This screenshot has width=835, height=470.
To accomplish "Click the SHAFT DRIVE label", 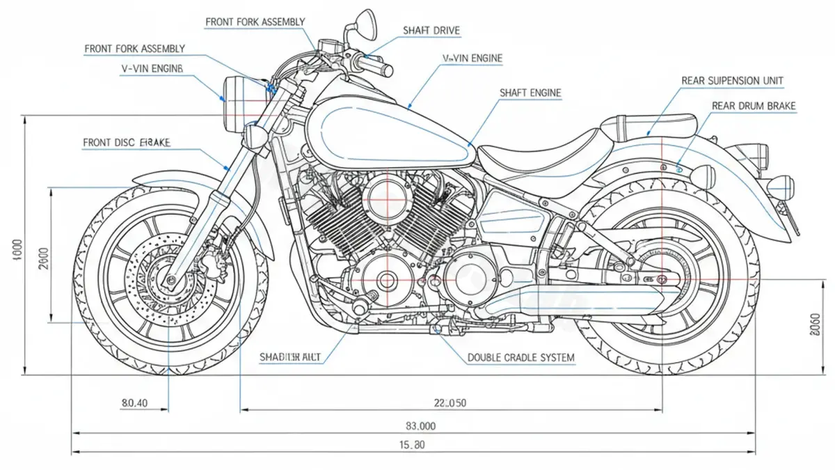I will pos(431,31).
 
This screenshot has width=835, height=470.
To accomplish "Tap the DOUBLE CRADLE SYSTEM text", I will pos(520,358).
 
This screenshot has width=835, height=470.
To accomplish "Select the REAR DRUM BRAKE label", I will pos(754,106).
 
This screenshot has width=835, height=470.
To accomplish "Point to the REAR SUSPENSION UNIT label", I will pos(732,81).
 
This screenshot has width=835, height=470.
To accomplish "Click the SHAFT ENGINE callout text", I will pos(530,93).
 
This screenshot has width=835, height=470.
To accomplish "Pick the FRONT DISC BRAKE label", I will pos(127,143).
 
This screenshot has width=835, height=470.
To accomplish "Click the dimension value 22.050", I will pos(450,402).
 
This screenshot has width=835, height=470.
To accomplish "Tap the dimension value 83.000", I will pos(415,425).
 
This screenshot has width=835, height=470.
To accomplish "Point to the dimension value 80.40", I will pos(134,402).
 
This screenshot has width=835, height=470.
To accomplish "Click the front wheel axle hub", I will pos(169,281).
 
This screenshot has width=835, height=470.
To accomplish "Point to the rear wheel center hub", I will pos(662,280).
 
